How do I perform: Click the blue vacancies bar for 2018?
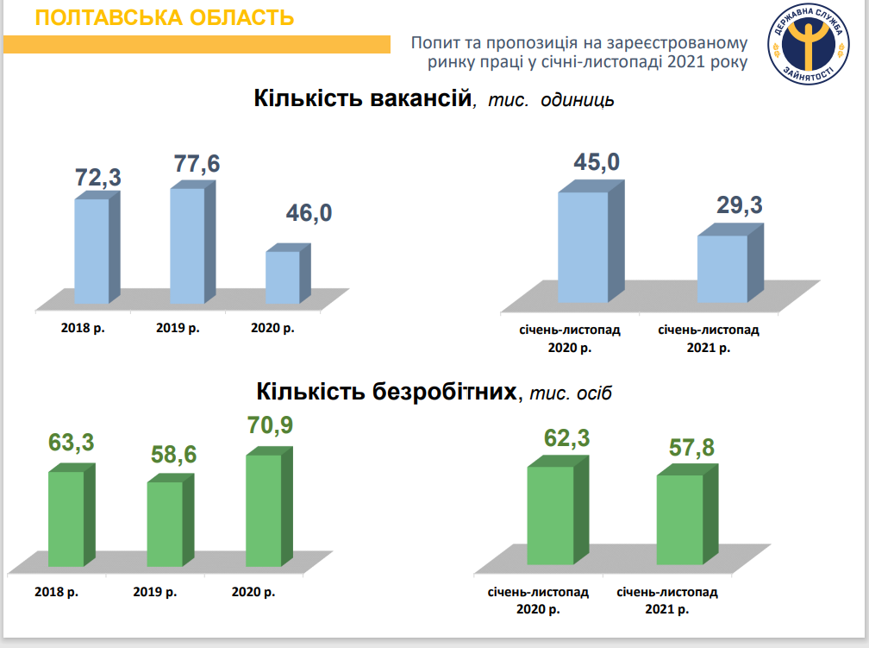pos(91,250)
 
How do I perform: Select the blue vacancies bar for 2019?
pos(187,245)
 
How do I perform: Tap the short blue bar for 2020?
pos(282,276)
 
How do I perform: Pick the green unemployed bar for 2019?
pos(165,523)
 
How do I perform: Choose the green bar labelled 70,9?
pos(264,510)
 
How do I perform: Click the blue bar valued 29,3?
pos(722,268)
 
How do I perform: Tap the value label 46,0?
pos(308,213)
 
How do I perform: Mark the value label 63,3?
pos(71,444)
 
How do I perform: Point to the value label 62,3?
pos(566,438)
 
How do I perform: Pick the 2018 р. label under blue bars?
pos(83,328)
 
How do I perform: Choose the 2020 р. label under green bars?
pos(253,592)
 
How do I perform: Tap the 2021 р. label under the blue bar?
pos(708,348)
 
